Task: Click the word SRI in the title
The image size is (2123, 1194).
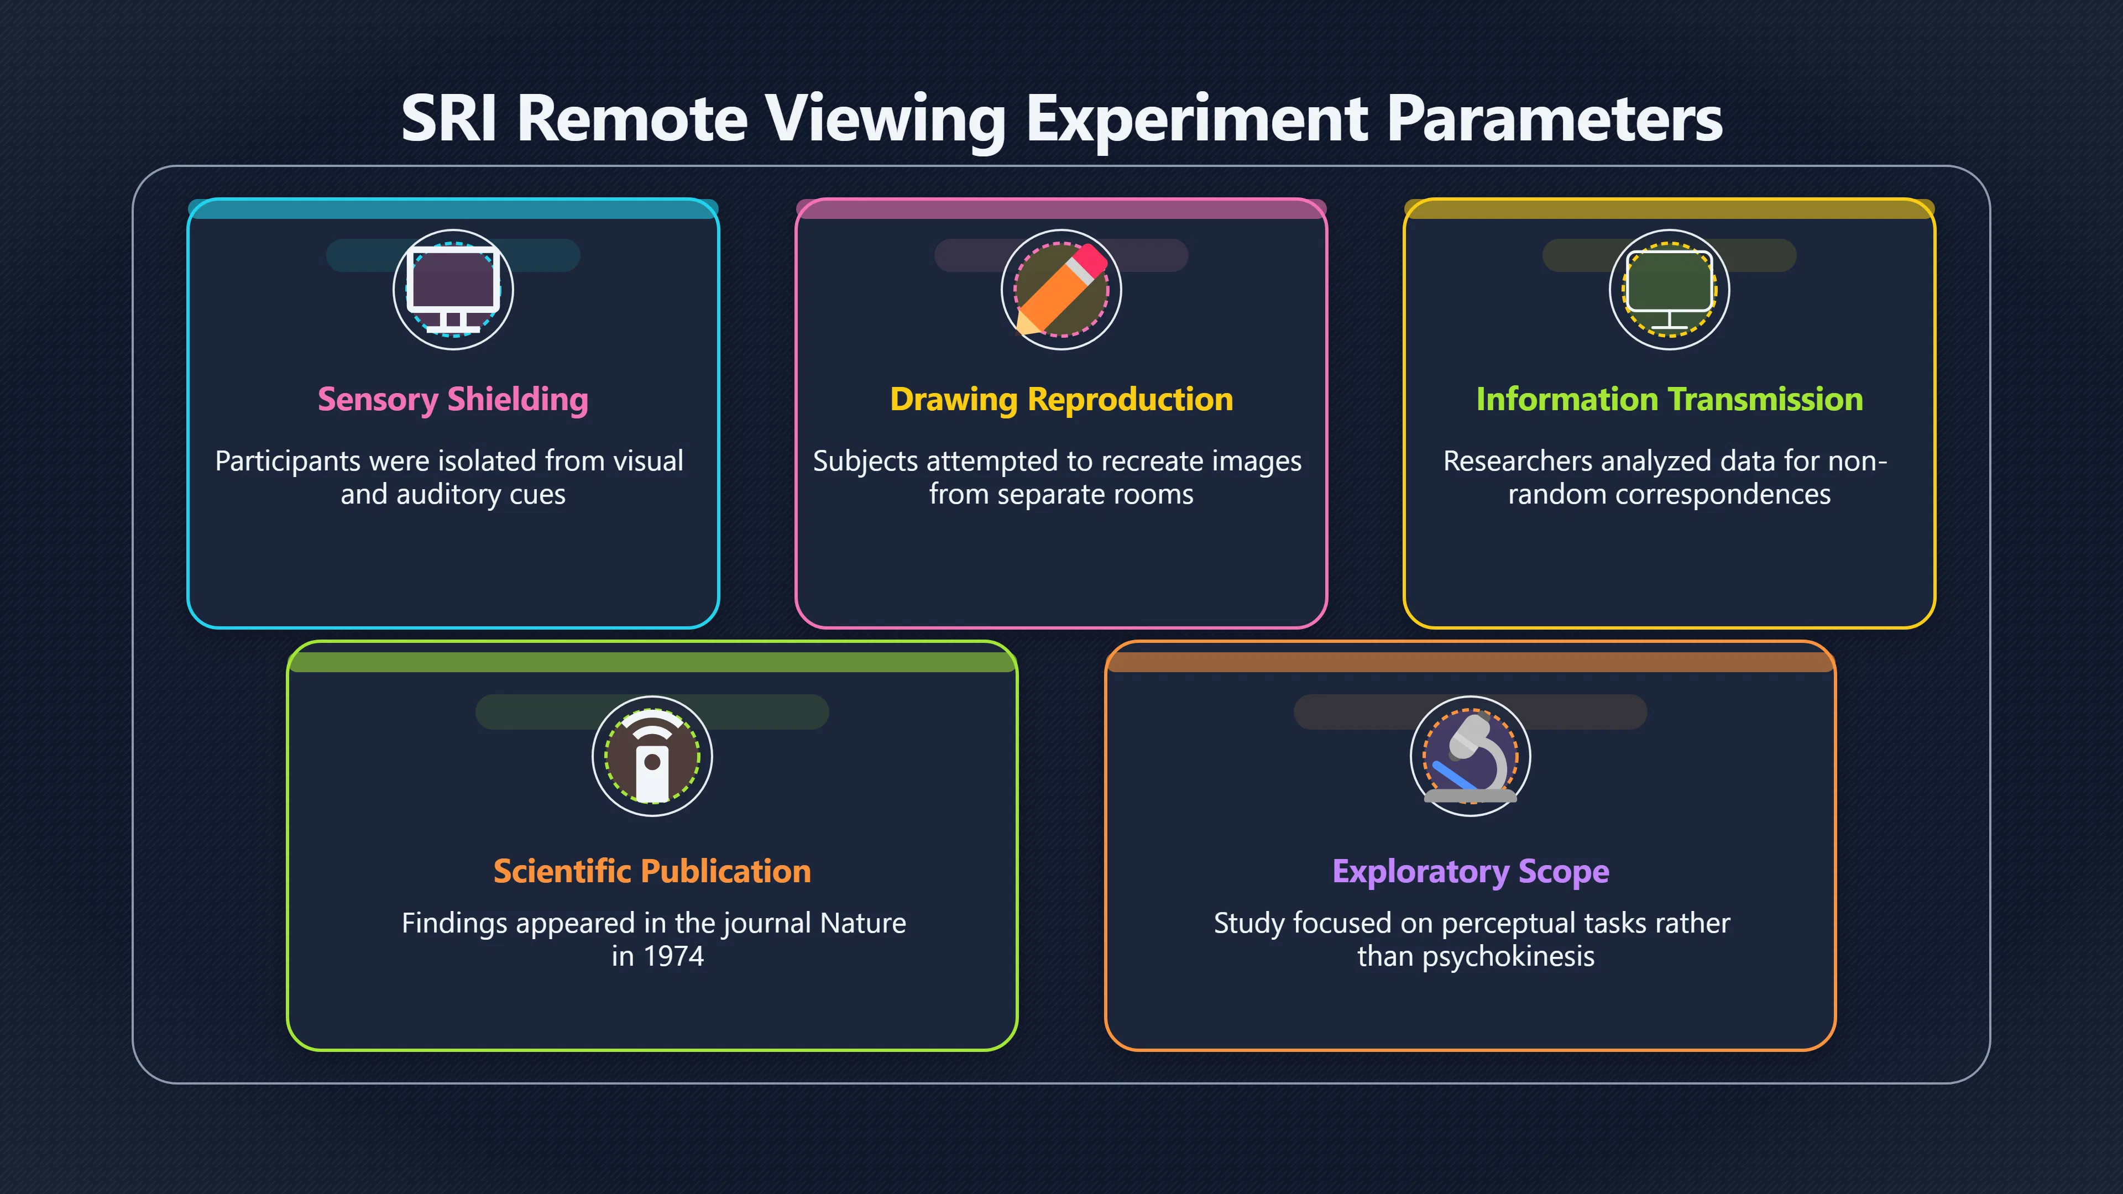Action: pyautogui.click(x=449, y=119)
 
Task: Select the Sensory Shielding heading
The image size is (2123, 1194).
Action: pyautogui.click(x=453, y=400)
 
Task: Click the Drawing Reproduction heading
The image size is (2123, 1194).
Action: pyautogui.click(x=1061, y=400)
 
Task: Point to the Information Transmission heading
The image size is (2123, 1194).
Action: pyautogui.click(x=1670, y=400)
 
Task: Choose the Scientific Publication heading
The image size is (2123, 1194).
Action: pyautogui.click(x=652, y=871)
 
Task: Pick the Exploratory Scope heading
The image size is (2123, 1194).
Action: pyautogui.click(x=1470, y=872)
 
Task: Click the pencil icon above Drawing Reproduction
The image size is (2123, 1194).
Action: pyautogui.click(x=1061, y=289)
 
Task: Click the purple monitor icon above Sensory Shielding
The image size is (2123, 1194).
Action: pyautogui.click(x=453, y=289)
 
